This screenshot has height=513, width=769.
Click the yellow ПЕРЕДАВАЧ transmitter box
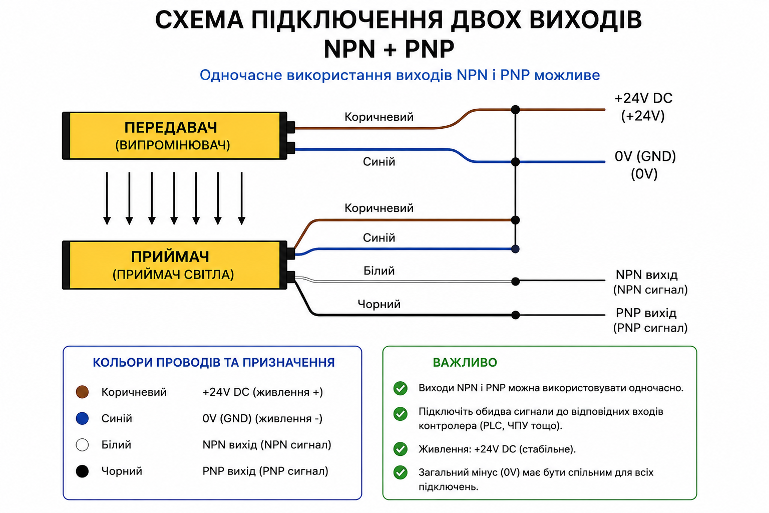tap(174, 136)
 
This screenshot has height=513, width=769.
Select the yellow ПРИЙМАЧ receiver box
tap(174, 265)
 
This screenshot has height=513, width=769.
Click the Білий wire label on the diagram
tap(379, 271)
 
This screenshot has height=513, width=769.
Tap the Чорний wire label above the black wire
tap(379, 304)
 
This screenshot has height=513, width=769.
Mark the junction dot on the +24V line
tap(515, 110)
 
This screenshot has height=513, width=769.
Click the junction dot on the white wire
tap(515, 282)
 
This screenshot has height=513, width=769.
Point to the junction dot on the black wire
tap(515, 315)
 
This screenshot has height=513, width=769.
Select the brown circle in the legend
tap(83, 392)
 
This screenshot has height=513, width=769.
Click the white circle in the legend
tap(83, 445)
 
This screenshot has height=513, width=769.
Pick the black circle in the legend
tap(83, 471)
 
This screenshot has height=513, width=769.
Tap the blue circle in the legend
tap(83, 418)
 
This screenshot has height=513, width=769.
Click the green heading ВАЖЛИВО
tap(465, 363)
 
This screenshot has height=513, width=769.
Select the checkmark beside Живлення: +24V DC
tap(401, 449)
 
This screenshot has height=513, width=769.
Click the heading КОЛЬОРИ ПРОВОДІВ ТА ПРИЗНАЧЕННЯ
tap(214, 363)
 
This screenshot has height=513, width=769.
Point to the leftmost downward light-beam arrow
tap(107, 198)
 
